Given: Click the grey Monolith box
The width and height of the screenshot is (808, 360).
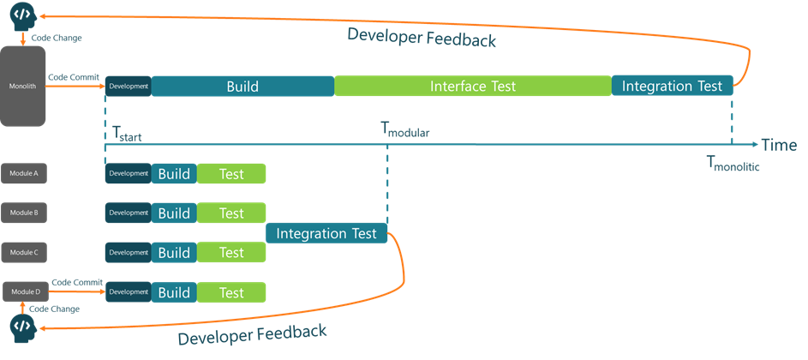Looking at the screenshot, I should pos(23,86).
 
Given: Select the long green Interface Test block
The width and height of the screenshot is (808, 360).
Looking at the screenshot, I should pos(472,86).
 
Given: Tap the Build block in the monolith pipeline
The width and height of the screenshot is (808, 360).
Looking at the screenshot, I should pos(242,86).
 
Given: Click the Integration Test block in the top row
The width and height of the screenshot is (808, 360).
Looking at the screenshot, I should pos(673,86).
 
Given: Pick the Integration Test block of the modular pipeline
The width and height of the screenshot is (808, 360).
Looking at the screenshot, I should pos(326,233).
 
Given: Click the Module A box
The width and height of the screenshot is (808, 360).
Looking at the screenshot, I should pos(23,174).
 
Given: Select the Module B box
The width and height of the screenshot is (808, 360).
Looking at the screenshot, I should pos(23,213).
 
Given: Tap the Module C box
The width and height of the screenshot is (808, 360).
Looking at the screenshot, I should pos(23,252).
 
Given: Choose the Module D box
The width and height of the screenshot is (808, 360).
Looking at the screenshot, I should pos(23,292).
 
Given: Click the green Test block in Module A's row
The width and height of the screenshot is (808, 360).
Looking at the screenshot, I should pos(231,174).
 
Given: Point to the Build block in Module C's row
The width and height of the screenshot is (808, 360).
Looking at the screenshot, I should pos(174,253).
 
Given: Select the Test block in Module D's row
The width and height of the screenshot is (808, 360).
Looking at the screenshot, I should pos(231,292).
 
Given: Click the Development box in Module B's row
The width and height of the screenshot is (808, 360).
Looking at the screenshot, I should pos(129,213).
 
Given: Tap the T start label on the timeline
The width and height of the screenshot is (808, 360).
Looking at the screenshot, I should pos(128,134).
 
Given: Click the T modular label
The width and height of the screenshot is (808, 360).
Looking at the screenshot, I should pos(404,131).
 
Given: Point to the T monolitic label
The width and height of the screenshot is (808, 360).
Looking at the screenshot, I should pos(733,164).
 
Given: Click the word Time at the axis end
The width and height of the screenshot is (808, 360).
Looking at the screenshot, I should pos(779,145).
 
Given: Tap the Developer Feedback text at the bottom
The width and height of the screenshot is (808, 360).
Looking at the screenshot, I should pos(252,334).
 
